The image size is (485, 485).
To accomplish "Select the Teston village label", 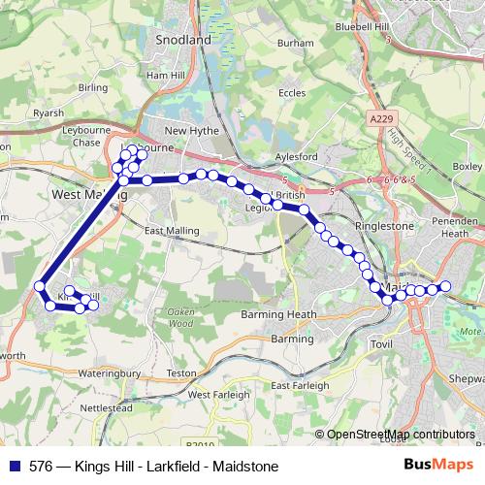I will click(x=182, y=372).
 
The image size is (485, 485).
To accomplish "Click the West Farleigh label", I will click(x=213, y=395).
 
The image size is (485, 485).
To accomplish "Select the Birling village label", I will click(x=92, y=87).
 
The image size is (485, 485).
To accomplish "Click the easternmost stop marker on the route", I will click(x=446, y=286).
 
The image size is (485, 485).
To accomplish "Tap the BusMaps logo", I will click(x=438, y=466).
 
